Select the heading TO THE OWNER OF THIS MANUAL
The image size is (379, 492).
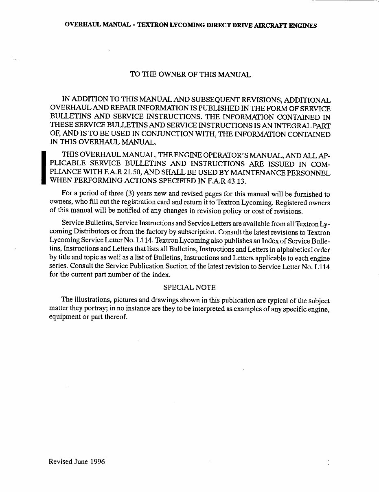pos(190,75)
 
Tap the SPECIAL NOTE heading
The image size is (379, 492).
pos(189,287)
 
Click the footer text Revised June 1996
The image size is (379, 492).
pos(77,461)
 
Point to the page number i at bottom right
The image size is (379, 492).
pos(327,463)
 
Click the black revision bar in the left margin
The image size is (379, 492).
pos(44,167)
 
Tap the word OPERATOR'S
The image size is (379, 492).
pos(206,155)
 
